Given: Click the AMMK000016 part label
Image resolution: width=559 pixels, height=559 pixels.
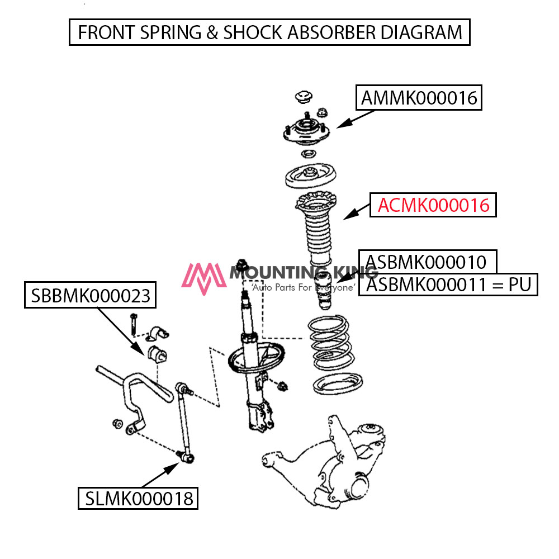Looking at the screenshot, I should point(419,98).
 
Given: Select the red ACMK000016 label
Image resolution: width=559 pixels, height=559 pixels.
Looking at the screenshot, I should point(433,205).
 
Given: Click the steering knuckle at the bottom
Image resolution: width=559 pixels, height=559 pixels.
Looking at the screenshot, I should point(335,464).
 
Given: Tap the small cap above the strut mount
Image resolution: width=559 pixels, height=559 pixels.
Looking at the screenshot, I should point(304,96).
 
